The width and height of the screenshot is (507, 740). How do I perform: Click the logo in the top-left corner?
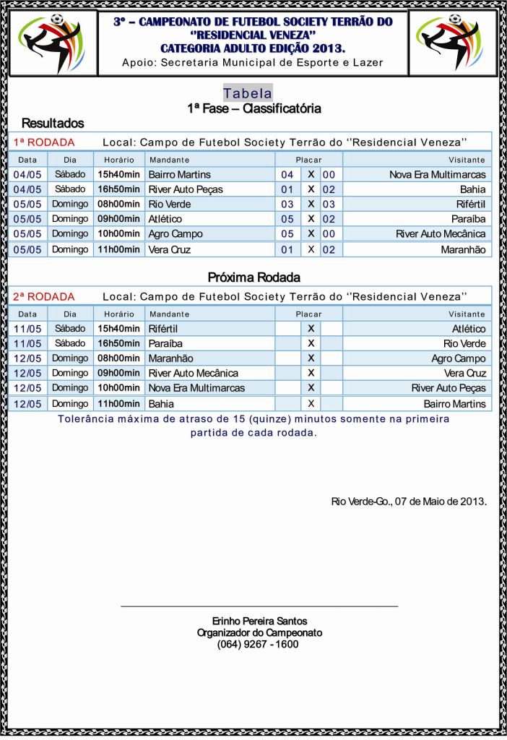(51, 43)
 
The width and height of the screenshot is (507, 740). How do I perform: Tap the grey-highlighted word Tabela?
(248, 93)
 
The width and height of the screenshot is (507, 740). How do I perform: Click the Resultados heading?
(53, 123)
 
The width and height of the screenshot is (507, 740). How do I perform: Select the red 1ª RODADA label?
(44, 142)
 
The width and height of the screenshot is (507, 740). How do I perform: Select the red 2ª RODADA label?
(44, 296)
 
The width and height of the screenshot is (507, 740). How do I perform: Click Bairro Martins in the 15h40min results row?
(179, 174)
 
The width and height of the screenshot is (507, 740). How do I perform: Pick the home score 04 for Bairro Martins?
(287, 174)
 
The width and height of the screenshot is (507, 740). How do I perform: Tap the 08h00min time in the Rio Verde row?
(118, 204)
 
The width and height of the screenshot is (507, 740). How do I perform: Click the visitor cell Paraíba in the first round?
(469, 219)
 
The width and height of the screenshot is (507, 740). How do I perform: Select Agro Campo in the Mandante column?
(175, 233)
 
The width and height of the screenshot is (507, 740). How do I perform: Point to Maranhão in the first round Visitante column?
(463, 249)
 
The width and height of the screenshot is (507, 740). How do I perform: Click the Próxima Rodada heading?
(253, 277)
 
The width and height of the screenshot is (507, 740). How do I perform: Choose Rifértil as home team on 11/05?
(165, 329)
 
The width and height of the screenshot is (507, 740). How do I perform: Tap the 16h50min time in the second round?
(118, 343)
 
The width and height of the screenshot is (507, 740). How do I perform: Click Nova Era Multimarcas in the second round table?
(196, 388)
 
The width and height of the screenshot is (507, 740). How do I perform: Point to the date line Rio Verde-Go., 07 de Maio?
(409, 501)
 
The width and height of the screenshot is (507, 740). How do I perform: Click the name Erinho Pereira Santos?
(259, 621)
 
